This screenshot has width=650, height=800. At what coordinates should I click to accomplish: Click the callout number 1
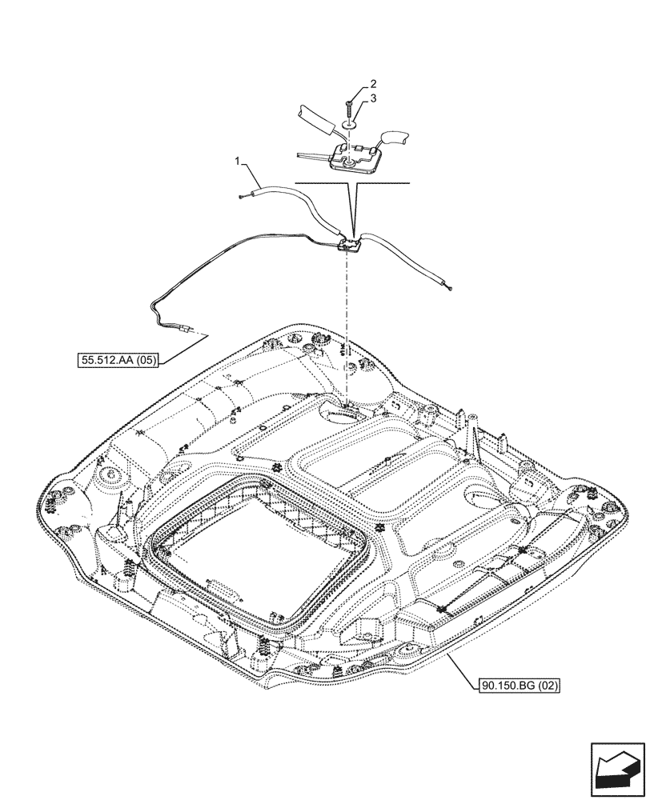[237, 162]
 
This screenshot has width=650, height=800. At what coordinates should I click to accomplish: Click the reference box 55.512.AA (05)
[119, 361]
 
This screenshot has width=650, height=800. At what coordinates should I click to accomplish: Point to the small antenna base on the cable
[349, 246]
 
